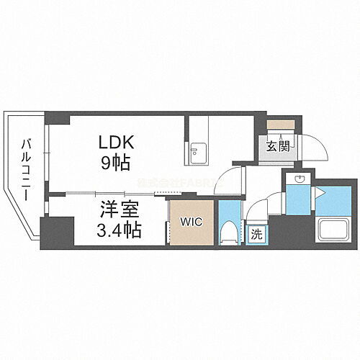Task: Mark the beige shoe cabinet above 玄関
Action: tap(277, 124)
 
